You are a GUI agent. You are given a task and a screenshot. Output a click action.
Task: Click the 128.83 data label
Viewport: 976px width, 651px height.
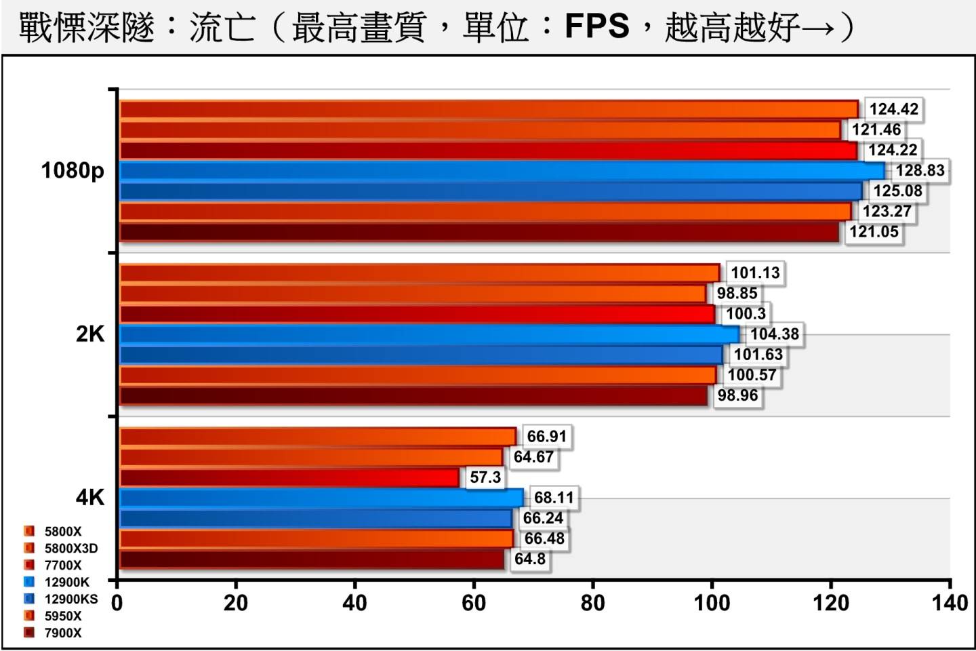(920, 170)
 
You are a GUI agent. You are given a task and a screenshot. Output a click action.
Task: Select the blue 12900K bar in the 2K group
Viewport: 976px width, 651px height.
(430, 334)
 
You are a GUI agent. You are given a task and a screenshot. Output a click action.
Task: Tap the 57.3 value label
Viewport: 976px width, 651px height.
(485, 477)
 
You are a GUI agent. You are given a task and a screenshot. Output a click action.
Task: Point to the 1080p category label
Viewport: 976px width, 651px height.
(73, 170)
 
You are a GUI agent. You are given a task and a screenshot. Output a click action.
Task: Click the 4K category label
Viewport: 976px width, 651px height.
(90, 498)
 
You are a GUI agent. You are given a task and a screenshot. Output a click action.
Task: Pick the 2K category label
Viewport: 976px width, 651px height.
(90, 334)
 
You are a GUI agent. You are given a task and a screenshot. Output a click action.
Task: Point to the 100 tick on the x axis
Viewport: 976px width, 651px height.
(712, 603)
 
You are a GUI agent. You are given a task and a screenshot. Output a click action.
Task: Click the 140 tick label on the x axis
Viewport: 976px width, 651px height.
(950, 603)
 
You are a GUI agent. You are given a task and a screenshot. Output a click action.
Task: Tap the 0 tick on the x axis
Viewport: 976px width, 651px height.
(117, 603)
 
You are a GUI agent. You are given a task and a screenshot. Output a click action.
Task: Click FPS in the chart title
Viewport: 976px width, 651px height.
(596, 27)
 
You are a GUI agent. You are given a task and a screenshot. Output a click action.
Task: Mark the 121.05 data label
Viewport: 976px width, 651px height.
(874, 232)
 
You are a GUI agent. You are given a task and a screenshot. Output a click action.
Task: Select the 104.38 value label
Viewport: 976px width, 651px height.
(774, 334)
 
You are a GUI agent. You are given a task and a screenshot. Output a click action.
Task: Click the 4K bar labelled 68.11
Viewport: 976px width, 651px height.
(321, 498)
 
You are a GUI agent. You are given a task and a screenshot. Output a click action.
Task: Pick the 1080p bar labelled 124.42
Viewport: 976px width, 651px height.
(489, 109)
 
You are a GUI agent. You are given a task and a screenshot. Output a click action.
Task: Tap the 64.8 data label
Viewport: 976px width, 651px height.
(530, 559)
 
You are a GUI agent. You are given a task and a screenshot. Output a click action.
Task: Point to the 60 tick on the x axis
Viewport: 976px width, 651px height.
(474, 603)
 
